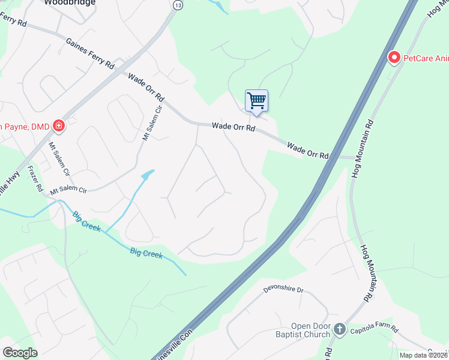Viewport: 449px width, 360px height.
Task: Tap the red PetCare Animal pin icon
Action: pyautogui.click(x=394, y=58)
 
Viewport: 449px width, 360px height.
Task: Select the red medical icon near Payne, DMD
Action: pyautogui.click(x=59, y=125)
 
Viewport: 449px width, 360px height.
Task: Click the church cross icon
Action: pyautogui.click(x=340, y=329)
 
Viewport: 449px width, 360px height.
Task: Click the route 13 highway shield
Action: pyautogui.click(x=177, y=5)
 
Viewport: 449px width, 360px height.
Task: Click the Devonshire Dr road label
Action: pyautogui.click(x=283, y=290)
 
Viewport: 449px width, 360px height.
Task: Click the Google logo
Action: pyautogui.click(x=20, y=352)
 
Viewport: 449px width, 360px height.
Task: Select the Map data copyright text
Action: pyautogui.click(x=424, y=355)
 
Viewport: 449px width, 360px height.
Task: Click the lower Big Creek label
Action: pyautogui.click(x=146, y=254)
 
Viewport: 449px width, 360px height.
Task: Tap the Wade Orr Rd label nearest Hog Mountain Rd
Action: pyautogui.click(x=308, y=150)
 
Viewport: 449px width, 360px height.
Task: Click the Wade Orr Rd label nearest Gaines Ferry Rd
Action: pyautogui.click(x=146, y=86)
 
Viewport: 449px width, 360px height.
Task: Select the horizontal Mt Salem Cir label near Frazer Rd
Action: pyautogui.click(x=68, y=190)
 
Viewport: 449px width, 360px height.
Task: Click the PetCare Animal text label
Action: pyautogui.click(x=426, y=58)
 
